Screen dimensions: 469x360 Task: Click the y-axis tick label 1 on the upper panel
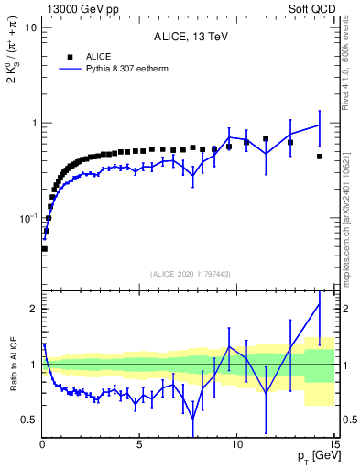33,123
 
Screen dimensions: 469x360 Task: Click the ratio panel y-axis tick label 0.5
27,420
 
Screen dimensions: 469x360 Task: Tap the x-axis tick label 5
139,446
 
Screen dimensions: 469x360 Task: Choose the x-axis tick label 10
236,446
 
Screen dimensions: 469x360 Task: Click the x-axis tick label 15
333,446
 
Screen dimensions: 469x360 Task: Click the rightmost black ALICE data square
319,157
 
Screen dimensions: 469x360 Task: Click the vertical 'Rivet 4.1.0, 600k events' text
346,69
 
